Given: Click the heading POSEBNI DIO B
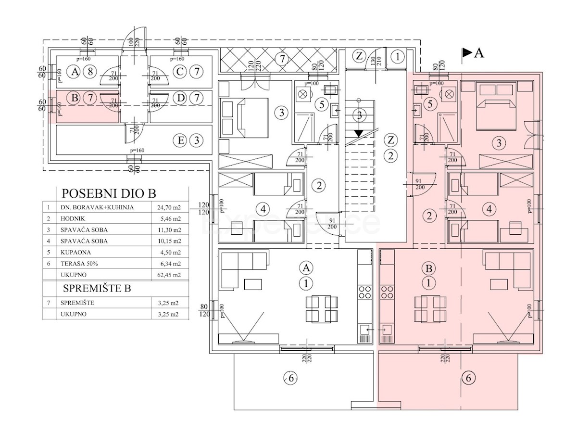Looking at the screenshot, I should pos(109,193).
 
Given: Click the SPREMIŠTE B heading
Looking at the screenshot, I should pos(97,289).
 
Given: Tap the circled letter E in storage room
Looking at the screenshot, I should pos(181,141).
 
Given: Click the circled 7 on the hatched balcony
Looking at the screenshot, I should pos(282,59).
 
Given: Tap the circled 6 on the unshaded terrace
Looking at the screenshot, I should pos(290,378).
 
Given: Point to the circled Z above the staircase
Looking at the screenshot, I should pos(358,56).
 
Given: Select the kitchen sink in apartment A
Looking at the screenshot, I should pos(364,330).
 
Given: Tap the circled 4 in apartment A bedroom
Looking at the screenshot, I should pos(262,209).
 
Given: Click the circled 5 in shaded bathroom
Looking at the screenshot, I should pos(430,102).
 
